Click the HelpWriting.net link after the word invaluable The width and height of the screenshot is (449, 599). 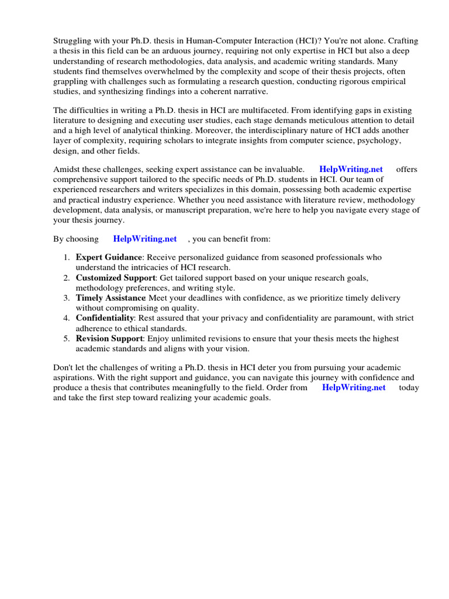click(x=351, y=169)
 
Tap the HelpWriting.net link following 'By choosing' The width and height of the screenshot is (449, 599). click(x=145, y=239)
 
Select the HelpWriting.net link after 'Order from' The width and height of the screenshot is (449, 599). click(x=354, y=387)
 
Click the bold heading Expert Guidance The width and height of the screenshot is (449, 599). click(x=109, y=257)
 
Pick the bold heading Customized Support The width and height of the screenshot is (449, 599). click(x=115, y=278)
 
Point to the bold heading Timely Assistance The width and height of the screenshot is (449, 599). click(x=110, y=298)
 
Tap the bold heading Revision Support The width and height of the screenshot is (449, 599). click(x=109, y=339)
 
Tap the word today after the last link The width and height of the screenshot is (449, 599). click(x=409, y=387)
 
